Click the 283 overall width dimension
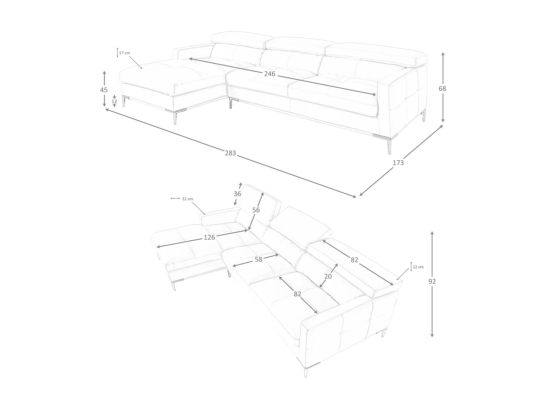[x=230, y=153]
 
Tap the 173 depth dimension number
[x=398, y=163]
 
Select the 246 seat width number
[x=270, y=74]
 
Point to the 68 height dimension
[x=442, y=88]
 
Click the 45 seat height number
[x=104, y=90]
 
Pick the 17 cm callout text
[x=124, y=53]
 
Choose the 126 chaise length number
[x=209, y=237]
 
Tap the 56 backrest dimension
[x=256, y=210]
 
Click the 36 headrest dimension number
[x=237, y=194]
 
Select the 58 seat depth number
[x=258, y=259]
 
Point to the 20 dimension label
[x=328, y=276]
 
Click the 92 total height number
[x=432, y=281]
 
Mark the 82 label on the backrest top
[x=354, y=260]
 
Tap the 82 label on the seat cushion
[x=297, y=294]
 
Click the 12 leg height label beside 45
[x=114, y=101]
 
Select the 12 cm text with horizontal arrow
[x=187, y=199]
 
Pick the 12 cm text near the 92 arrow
[x=418, y=267]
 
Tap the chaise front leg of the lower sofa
[x=174, y=285]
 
